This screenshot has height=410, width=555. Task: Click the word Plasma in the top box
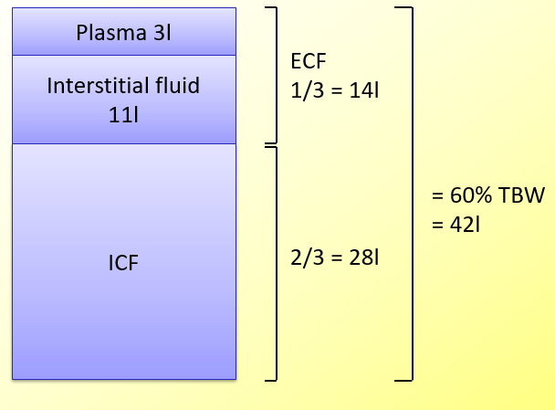(x=110, y=34)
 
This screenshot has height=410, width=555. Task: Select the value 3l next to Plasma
(x=161, y=34)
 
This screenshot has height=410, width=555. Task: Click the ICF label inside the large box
(x=124, y=262)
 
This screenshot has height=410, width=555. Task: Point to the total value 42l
(x=465, y=224)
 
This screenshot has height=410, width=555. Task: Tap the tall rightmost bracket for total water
(x=411, y=192)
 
